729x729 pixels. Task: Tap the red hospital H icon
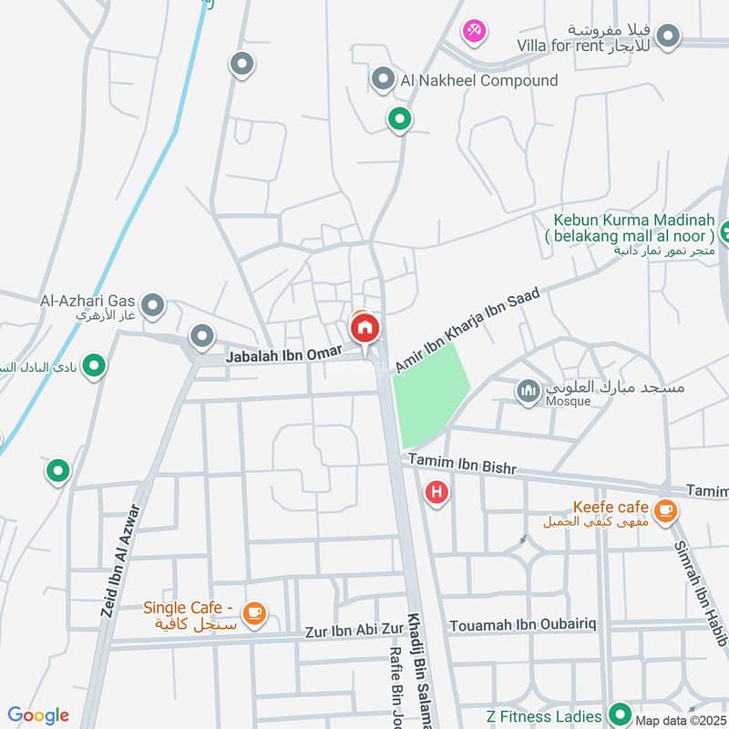click(437, 493)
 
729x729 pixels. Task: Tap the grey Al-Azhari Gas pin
click(153, 304)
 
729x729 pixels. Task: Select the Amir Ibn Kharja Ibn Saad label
click(467, 329)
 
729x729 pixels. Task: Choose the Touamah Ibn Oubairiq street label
click(522, 627)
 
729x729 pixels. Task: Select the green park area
click(429, 392)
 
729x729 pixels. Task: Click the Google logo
click(38, 715)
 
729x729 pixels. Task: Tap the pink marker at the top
click(474, 32)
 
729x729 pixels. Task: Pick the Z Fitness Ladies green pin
click(621, 714)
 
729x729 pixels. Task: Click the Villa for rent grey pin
click(669, 36)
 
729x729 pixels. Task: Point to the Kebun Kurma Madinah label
click(633, 229)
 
